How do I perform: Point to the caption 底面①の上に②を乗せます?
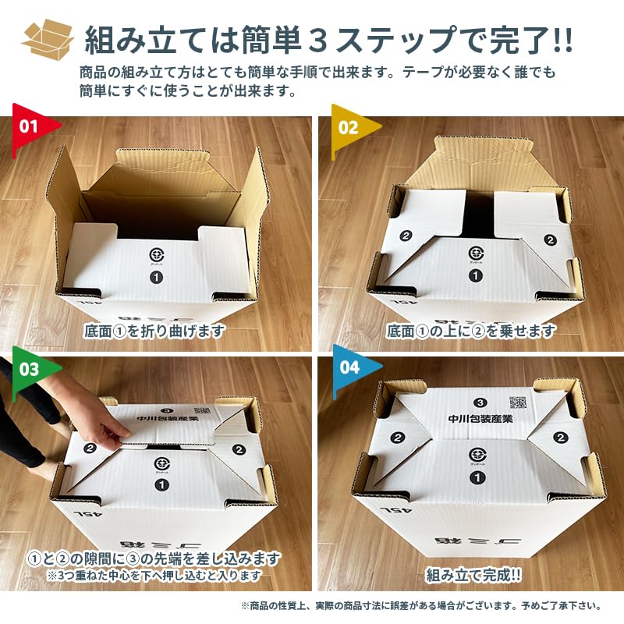click(471, 331)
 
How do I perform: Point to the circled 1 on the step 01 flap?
click(155, 275)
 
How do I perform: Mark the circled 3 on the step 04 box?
click(480, 402)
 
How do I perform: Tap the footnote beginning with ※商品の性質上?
click(421, 606)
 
